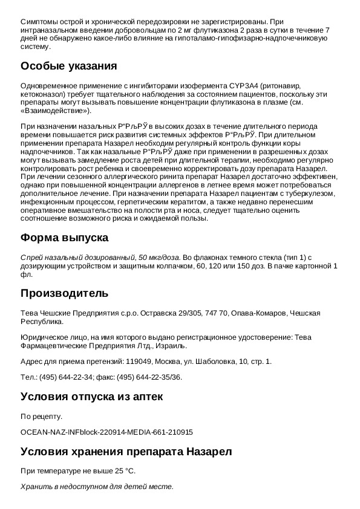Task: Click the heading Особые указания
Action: click(68, 66)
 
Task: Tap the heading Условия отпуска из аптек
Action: click(91, 397)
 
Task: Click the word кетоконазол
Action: click(44, 95)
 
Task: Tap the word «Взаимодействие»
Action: click(55, 111)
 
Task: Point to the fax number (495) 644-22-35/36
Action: click(149, 377)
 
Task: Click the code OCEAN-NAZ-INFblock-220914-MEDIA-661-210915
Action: click(106, 432)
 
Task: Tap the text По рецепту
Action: click(41, 417)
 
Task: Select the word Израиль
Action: click(171, 346)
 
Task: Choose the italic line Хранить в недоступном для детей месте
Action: click(97, 486)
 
